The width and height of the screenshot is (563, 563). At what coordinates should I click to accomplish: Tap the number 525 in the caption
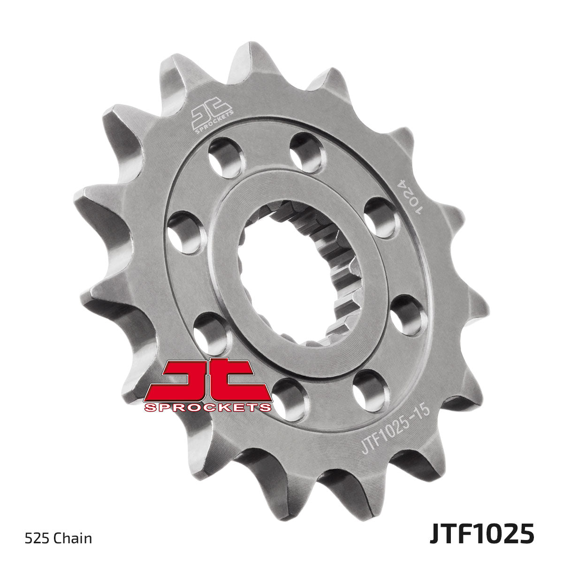32,538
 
